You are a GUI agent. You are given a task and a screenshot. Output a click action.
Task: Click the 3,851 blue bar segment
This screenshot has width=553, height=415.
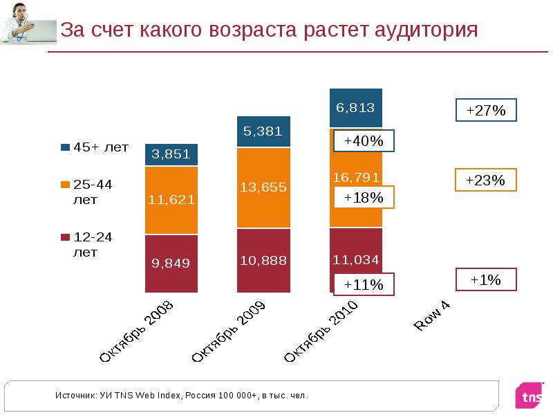click(171, 154)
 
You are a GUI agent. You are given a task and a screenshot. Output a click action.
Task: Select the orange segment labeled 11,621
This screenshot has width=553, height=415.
click(171, 200)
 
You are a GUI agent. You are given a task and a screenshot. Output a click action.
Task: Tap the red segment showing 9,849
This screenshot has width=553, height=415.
click(171, 264)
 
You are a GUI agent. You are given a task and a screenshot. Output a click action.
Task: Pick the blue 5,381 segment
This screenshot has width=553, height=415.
click(263, 132)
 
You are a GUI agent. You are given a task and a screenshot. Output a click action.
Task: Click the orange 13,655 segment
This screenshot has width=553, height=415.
click(263, 187)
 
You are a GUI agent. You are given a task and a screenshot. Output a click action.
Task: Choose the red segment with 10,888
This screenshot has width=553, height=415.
click(263, 260)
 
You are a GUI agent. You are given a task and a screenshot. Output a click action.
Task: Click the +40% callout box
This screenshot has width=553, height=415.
click(364, 141)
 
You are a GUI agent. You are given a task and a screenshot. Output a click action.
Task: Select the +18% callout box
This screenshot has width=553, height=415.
click(364, 198)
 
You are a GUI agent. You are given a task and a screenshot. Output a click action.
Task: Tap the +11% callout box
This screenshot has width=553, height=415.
click(364, 284)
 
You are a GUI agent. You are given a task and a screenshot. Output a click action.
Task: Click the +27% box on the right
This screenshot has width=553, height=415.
click(486, 111)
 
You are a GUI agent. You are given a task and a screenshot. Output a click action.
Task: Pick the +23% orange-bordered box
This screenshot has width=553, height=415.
click(486, 180)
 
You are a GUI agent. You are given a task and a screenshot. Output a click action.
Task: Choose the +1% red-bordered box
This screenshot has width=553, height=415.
click(486, 279)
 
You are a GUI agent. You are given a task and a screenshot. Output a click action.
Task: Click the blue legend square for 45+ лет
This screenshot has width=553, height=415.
click(66, 147)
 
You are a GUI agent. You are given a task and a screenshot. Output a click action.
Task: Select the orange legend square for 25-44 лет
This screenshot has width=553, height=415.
click(66, 185)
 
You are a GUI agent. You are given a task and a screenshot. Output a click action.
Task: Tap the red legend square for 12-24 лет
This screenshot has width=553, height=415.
click(66, 237)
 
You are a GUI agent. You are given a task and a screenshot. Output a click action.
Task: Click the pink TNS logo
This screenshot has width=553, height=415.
click(530, 395)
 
